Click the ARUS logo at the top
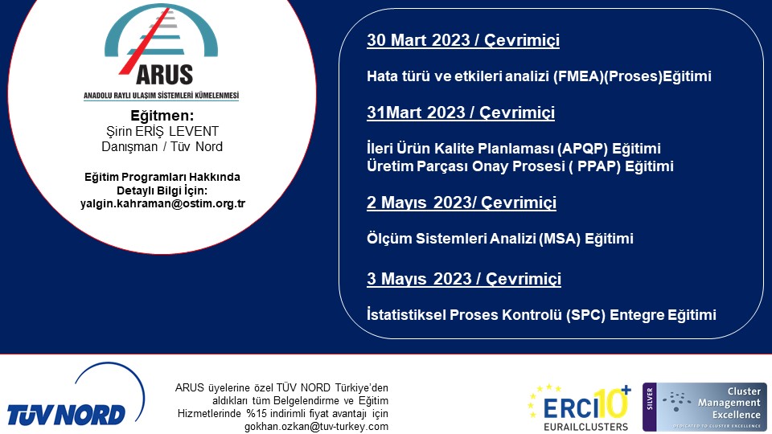161,51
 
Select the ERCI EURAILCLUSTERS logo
579,408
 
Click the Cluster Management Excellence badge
704,407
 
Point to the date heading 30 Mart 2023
463,40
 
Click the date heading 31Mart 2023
460,113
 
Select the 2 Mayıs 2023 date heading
462,203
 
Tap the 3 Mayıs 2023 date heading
464,279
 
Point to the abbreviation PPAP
598,166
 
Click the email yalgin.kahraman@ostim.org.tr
162,203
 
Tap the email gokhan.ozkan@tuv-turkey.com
316,427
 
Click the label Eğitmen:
162,116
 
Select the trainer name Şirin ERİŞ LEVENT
162,131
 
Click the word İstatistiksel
405,315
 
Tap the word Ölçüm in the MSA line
389,239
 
